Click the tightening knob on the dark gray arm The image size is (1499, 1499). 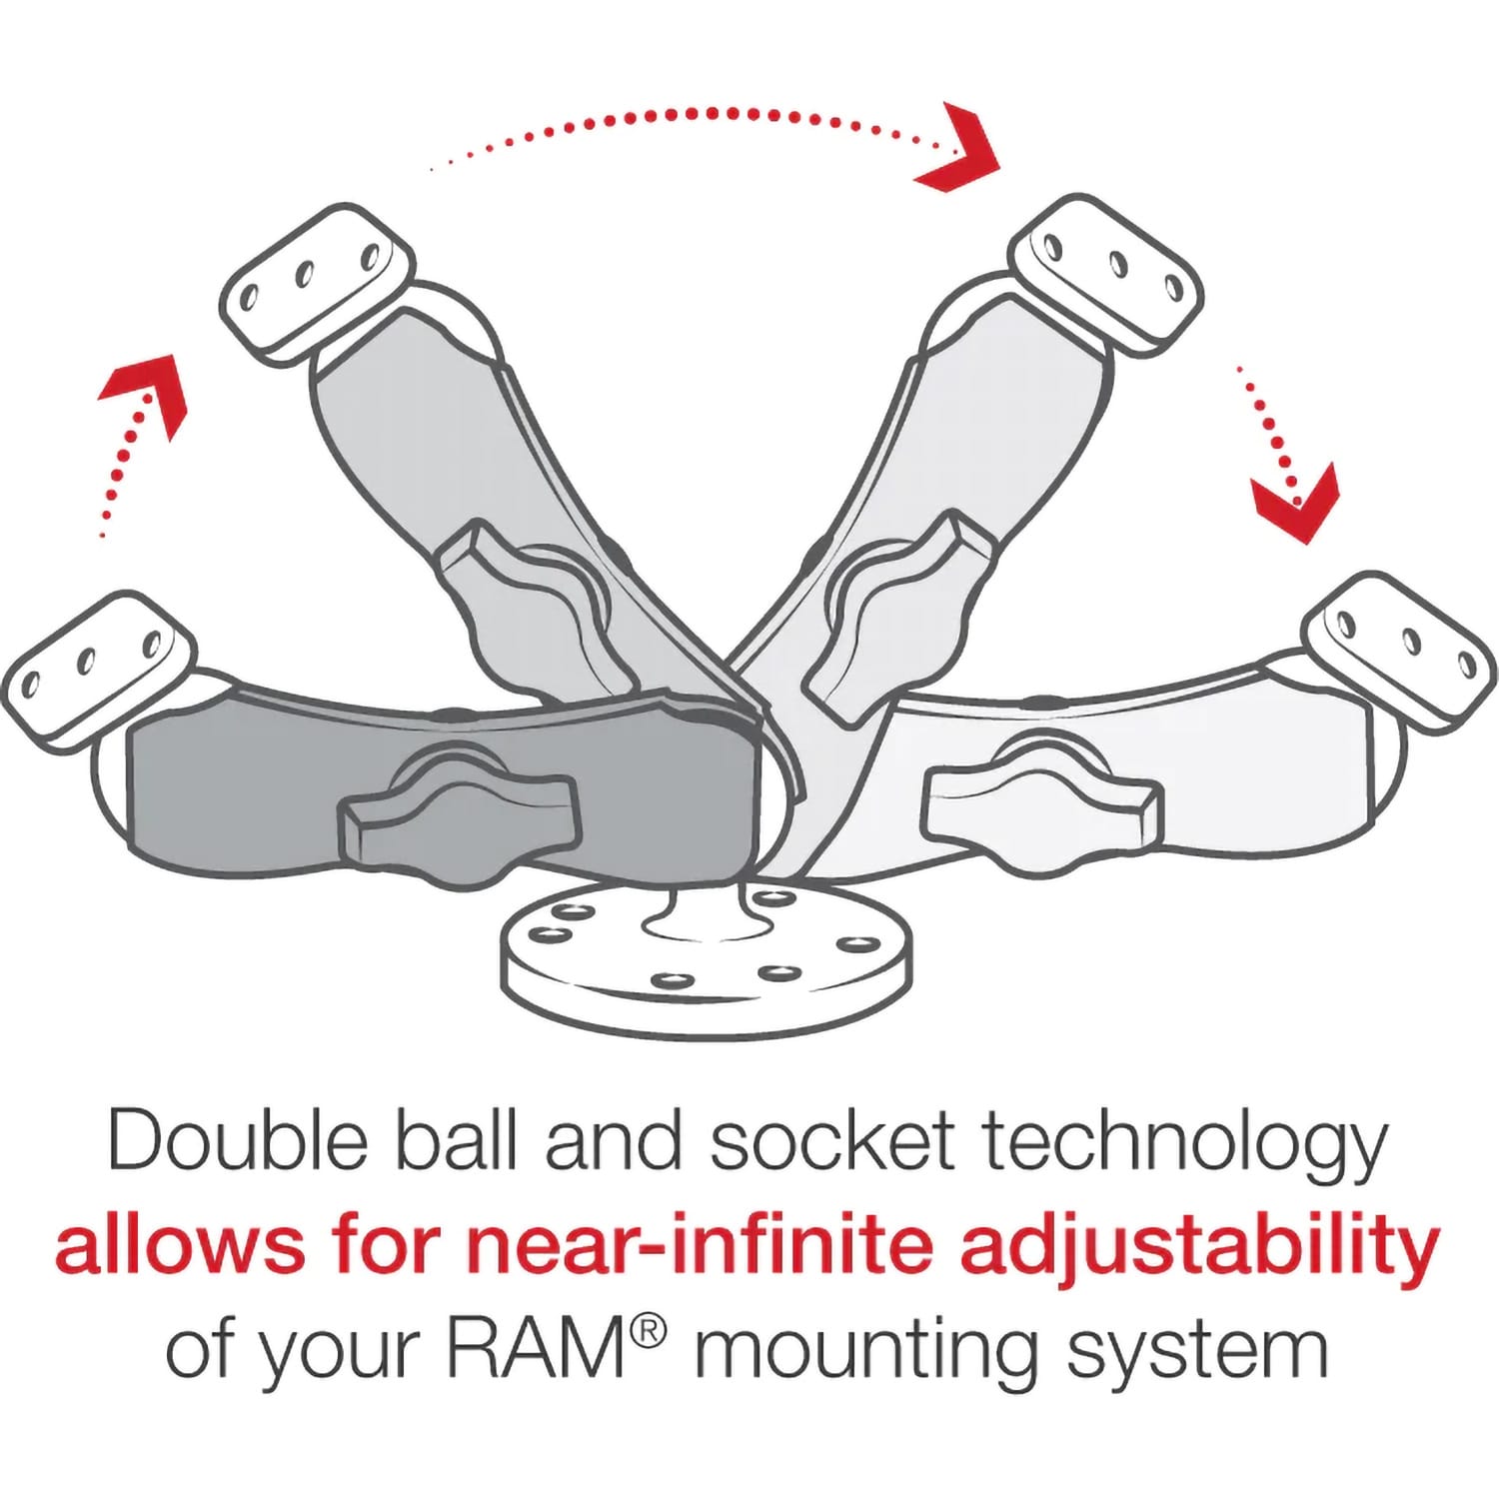click(x=460, y=814)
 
